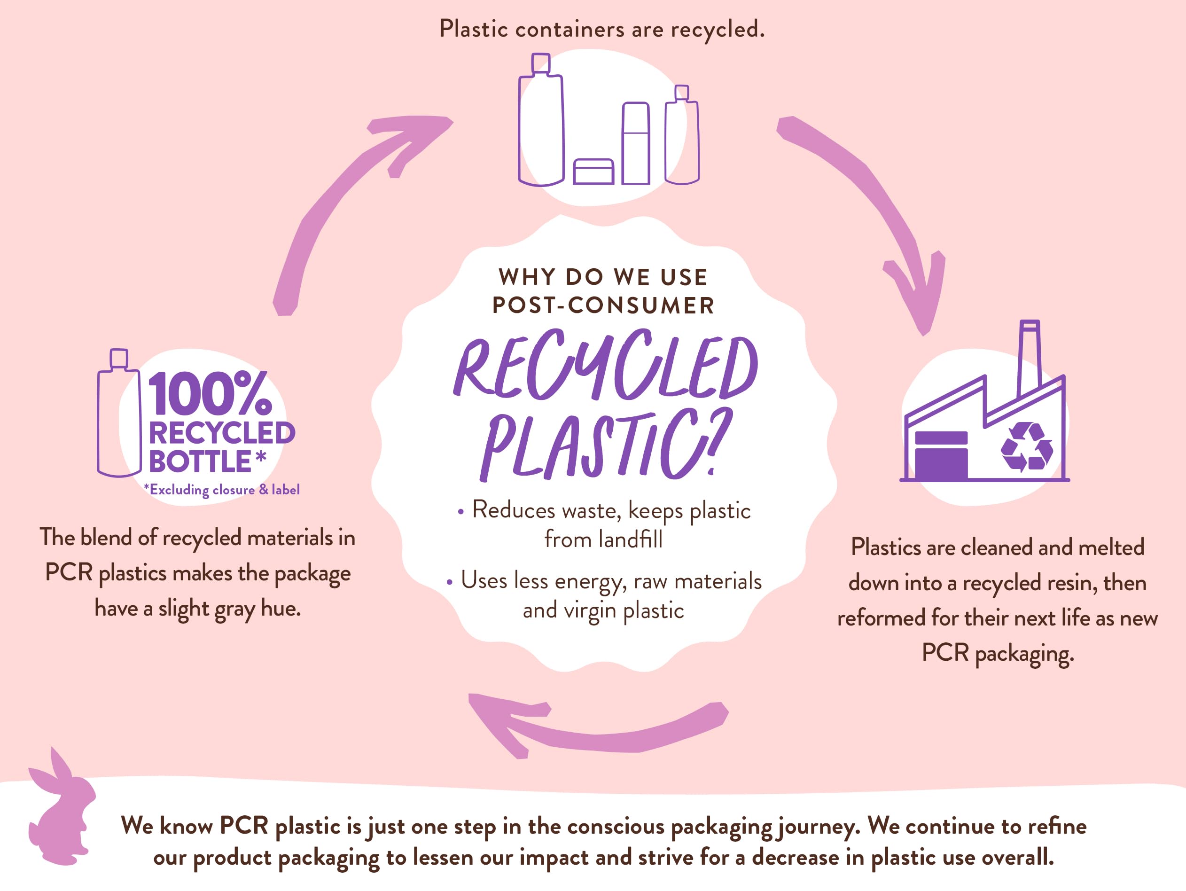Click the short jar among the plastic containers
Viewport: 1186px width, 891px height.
click(x=593, y=172)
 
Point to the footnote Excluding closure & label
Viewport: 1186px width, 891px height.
click(x=221, y=490)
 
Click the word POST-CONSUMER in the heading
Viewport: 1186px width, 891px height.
click(x=604, y=305)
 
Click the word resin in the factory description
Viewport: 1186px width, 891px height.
click(x=1072, y=583)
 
